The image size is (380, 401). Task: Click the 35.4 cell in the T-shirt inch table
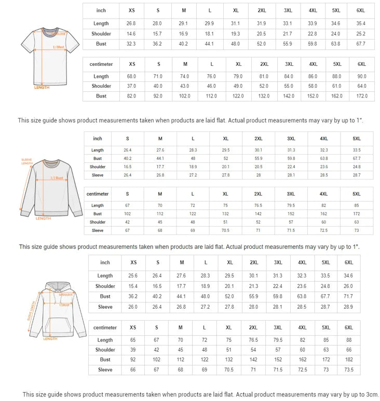pos(360,24)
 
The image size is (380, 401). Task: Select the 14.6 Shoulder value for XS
pos(131,34)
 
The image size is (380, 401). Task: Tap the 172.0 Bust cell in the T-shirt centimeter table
pos(361,96)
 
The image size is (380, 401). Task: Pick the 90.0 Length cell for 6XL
pos(361,77)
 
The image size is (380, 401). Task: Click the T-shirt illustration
pos(50,55)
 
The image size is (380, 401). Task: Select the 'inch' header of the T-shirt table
pos(101,11)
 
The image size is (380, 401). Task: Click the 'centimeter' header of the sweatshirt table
pos(98,194)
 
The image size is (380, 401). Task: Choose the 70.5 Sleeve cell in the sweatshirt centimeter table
pos(225,230)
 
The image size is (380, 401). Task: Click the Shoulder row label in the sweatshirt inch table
pos(98,167)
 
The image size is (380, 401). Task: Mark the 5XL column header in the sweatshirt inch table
pos(357,139)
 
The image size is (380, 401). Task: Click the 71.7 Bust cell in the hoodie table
pos(348,297)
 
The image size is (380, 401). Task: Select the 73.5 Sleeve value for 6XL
pos(348,370)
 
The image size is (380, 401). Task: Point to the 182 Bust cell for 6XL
pos(348,359)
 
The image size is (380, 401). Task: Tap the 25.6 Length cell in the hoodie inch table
pos(133,276)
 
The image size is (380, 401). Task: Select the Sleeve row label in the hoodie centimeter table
pos(105,370)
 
